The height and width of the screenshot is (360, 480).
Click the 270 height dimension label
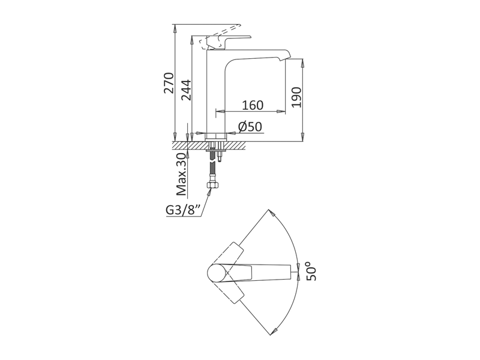tap(169, 83)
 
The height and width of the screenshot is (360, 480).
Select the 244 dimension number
tap(186, 90)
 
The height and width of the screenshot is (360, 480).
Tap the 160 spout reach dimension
tap(253, 105)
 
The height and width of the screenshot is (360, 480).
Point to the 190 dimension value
tap(296, 97)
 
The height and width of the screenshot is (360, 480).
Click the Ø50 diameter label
tap(250, 127)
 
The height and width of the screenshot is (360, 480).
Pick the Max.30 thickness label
tap(182, 175)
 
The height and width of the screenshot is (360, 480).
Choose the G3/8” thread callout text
tap(184, 211)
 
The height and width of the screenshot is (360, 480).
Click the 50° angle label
tap(312, 271)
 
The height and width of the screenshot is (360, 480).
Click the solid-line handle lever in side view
tap(229, 41)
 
